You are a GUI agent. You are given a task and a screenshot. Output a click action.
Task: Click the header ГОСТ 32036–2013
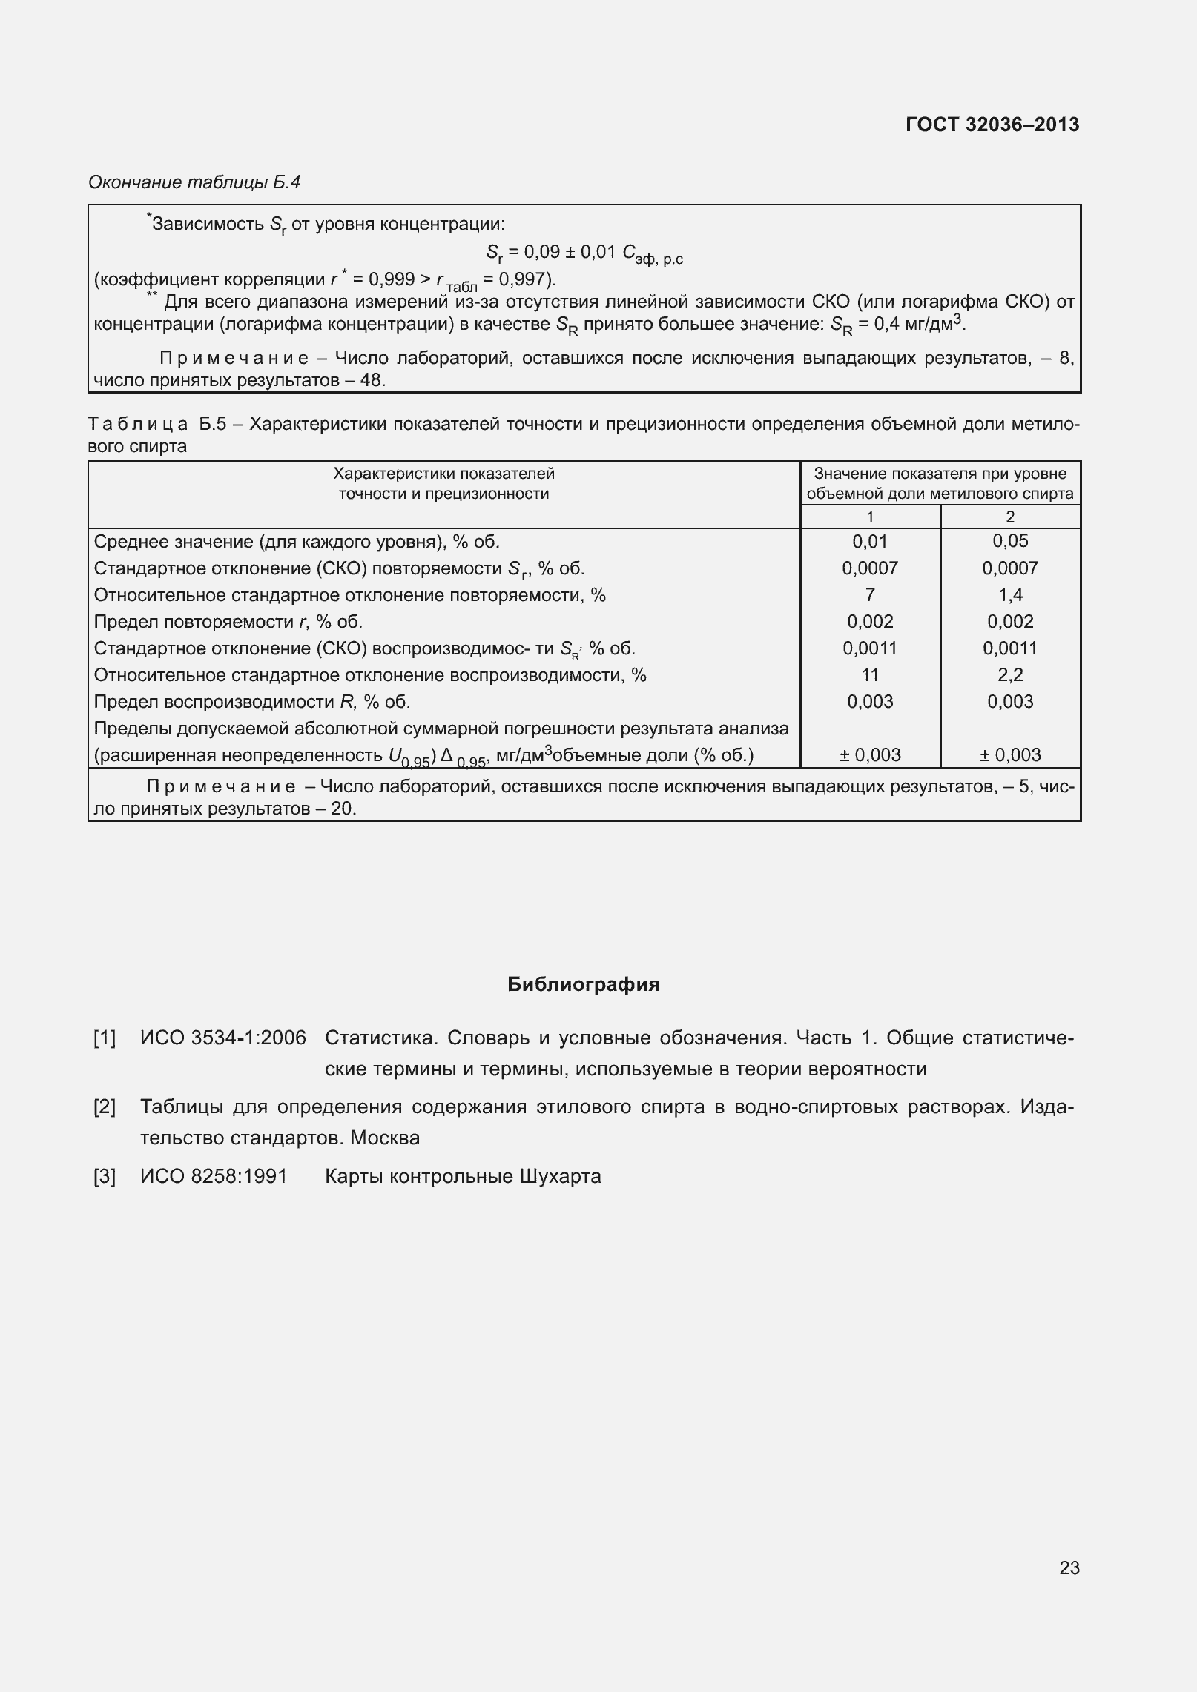(x=992, y=125)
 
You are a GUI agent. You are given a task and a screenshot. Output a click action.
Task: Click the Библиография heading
(x=584, y=984)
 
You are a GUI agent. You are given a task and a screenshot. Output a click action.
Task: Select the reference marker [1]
(x=105, y=1038)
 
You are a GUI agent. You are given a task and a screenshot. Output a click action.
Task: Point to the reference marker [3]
(x=105, y=1176)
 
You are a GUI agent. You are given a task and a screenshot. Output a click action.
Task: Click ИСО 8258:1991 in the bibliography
(x=214, y=1176)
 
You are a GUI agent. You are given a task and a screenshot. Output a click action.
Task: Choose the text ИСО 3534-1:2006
(x=222, y=1038)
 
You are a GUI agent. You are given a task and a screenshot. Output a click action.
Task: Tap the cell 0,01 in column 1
(x=869, y=542)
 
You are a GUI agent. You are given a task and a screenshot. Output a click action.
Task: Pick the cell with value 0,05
(x=1009, y=541)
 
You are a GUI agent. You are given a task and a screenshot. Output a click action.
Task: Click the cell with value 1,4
(x=1009, y=595)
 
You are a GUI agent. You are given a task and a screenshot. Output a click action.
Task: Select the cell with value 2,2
(x=1009, y=675)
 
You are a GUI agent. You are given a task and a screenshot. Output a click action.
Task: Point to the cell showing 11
(x=869, y=675)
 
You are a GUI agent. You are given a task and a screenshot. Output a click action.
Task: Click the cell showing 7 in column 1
(x=869, y=595)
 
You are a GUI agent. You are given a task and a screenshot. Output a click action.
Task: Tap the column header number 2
(x=1009, y=517)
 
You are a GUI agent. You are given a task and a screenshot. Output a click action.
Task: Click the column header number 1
(x=869, y=517)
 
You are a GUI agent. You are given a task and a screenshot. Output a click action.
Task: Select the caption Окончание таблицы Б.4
(x=194, y=182)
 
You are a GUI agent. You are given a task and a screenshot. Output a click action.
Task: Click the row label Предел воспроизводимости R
(x=252, y=702)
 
